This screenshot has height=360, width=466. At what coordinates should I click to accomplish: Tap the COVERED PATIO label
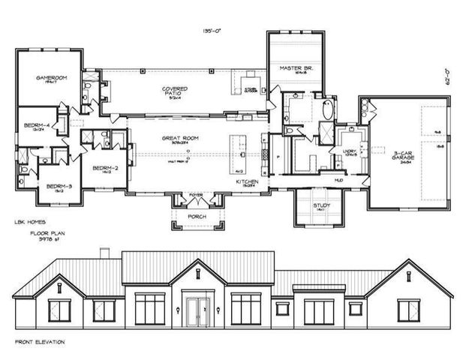[175, 89]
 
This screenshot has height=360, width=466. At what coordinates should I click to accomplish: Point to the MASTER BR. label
[291, 68]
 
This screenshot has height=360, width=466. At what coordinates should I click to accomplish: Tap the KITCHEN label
[247, 182]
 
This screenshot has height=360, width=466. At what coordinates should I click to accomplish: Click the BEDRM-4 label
[36, 125]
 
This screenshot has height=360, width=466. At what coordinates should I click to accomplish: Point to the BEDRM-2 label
[101, 169]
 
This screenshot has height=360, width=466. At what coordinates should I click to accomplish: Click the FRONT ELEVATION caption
[40, 341]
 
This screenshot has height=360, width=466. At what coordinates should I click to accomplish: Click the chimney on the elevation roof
[105, 252]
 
